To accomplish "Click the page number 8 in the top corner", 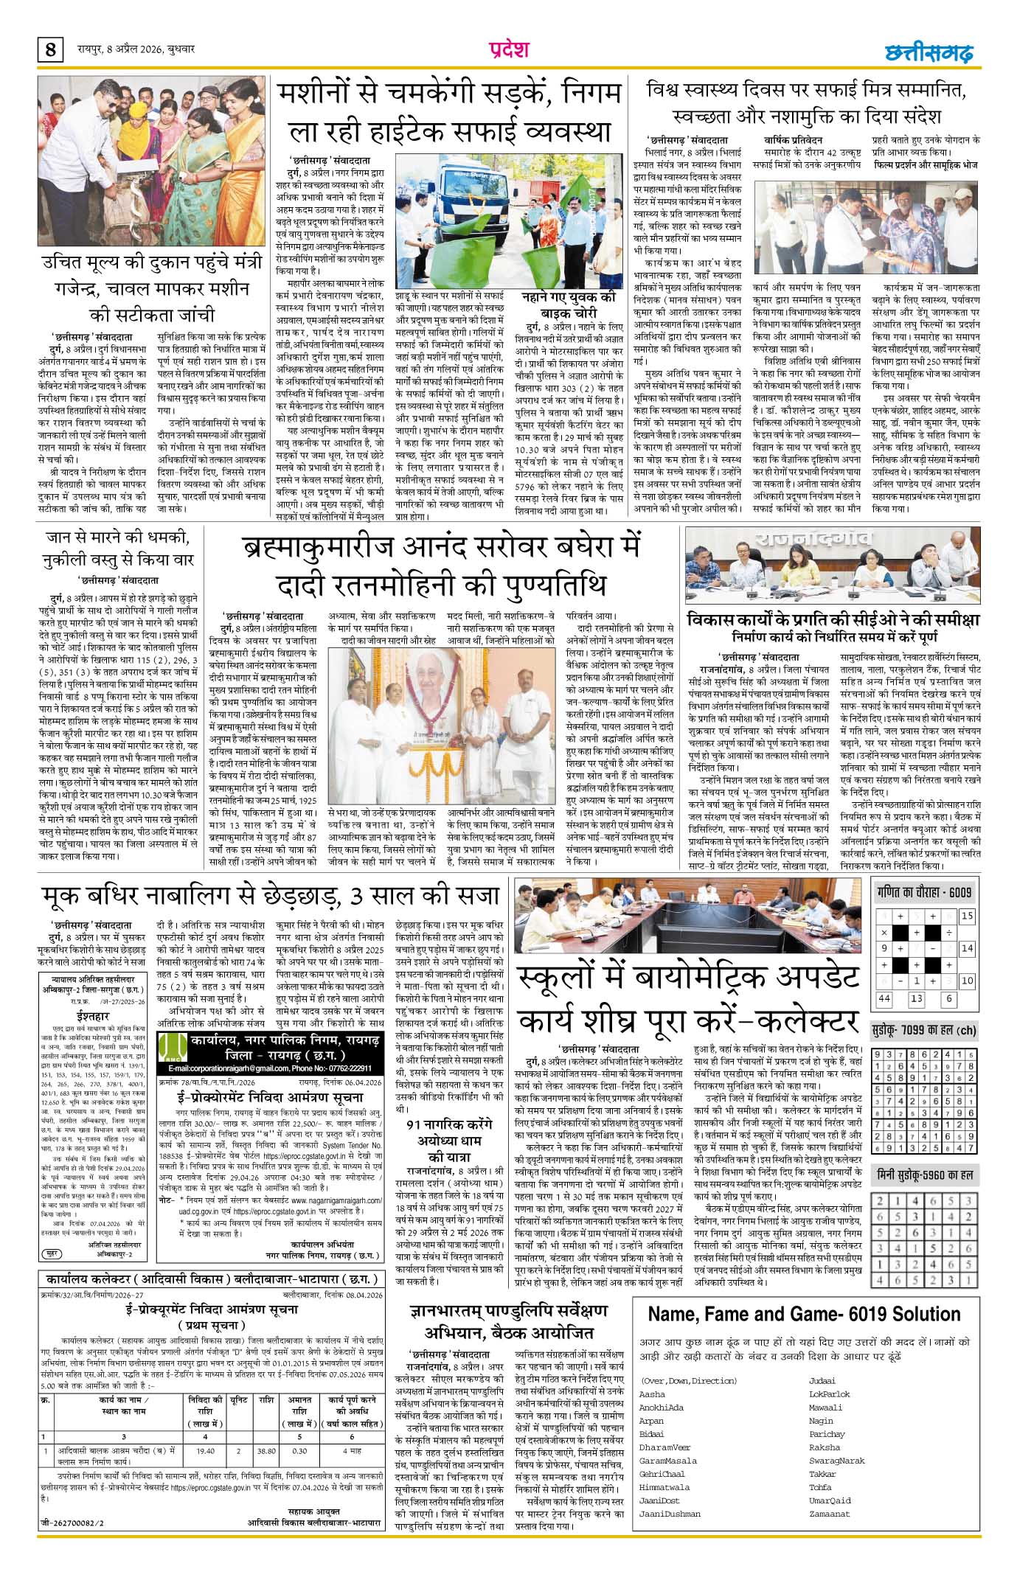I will click(50, 51).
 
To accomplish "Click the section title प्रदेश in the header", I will click(509, 49).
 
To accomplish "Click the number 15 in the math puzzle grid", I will click(966, 916).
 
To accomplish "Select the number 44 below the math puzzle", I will click(884, 998).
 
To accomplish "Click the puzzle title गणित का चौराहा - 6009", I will click(925, 892).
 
